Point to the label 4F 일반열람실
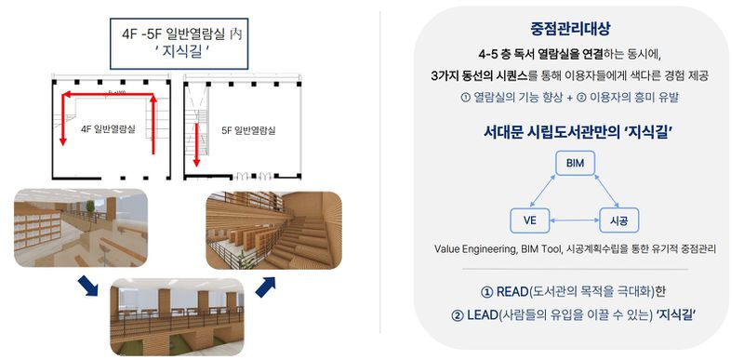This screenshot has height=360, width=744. point(110,129)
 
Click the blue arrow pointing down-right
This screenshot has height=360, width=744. point(86,282)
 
